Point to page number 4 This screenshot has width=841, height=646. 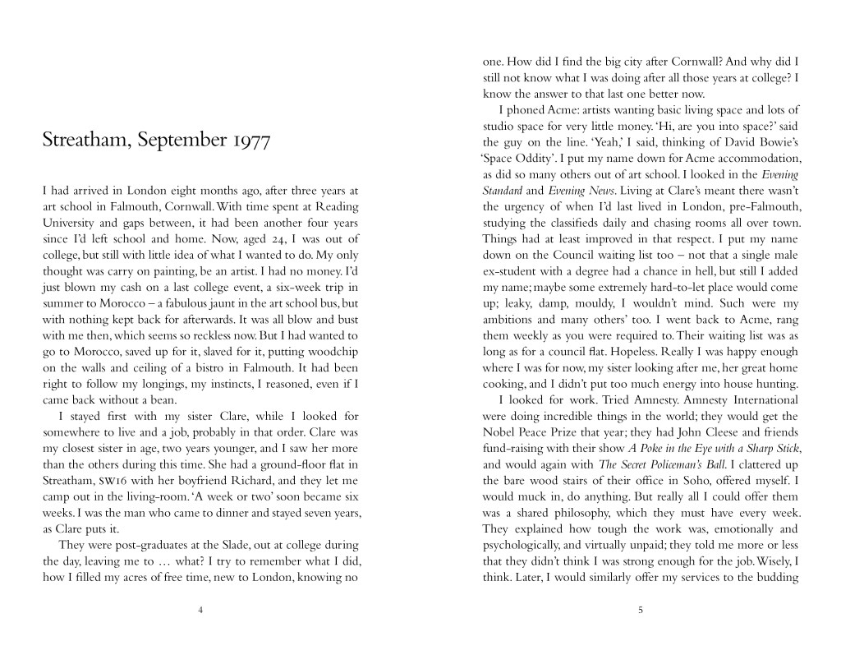[200, 609]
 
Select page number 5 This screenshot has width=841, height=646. [641, 609]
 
